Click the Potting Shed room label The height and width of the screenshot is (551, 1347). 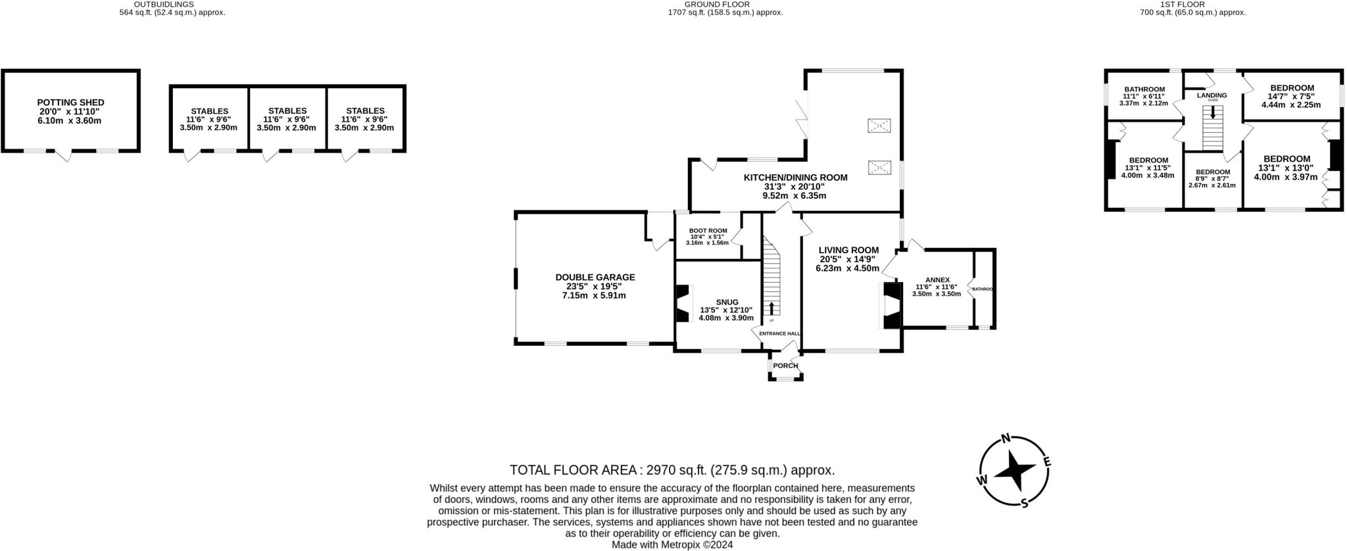(x=70, y=103)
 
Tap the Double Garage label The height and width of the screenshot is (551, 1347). (x=595, y=277)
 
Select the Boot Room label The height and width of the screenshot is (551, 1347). (x=708, y=231)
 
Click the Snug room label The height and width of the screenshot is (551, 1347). (x=727, y=302)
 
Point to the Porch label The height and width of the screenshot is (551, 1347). (x=785, y=366)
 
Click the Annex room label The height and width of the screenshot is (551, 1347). (x=937, y=280)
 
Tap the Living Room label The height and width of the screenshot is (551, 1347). (x=848, y=250)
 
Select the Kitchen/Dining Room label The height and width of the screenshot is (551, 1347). (x=795, y=178)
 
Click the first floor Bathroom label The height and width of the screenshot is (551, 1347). (x=1144, y=89)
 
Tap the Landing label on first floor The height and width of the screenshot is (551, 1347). (x=1212, y=95)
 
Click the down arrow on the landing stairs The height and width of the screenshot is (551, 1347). (x=1213, y=112)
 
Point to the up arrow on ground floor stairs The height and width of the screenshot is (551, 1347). (x=771, y=308)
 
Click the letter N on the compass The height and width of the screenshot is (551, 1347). (x=1004, y=439)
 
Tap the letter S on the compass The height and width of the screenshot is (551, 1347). (x=1024, y=503)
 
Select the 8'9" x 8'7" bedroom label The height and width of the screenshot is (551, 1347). (x=1212, y=172)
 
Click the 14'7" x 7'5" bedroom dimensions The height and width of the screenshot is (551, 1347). (x=1292, y=97)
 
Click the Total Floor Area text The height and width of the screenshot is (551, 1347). (x=672, y=470)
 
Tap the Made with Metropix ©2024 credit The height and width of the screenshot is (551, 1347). (x=672, y=545)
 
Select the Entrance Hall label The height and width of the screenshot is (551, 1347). (x=779, y=334)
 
